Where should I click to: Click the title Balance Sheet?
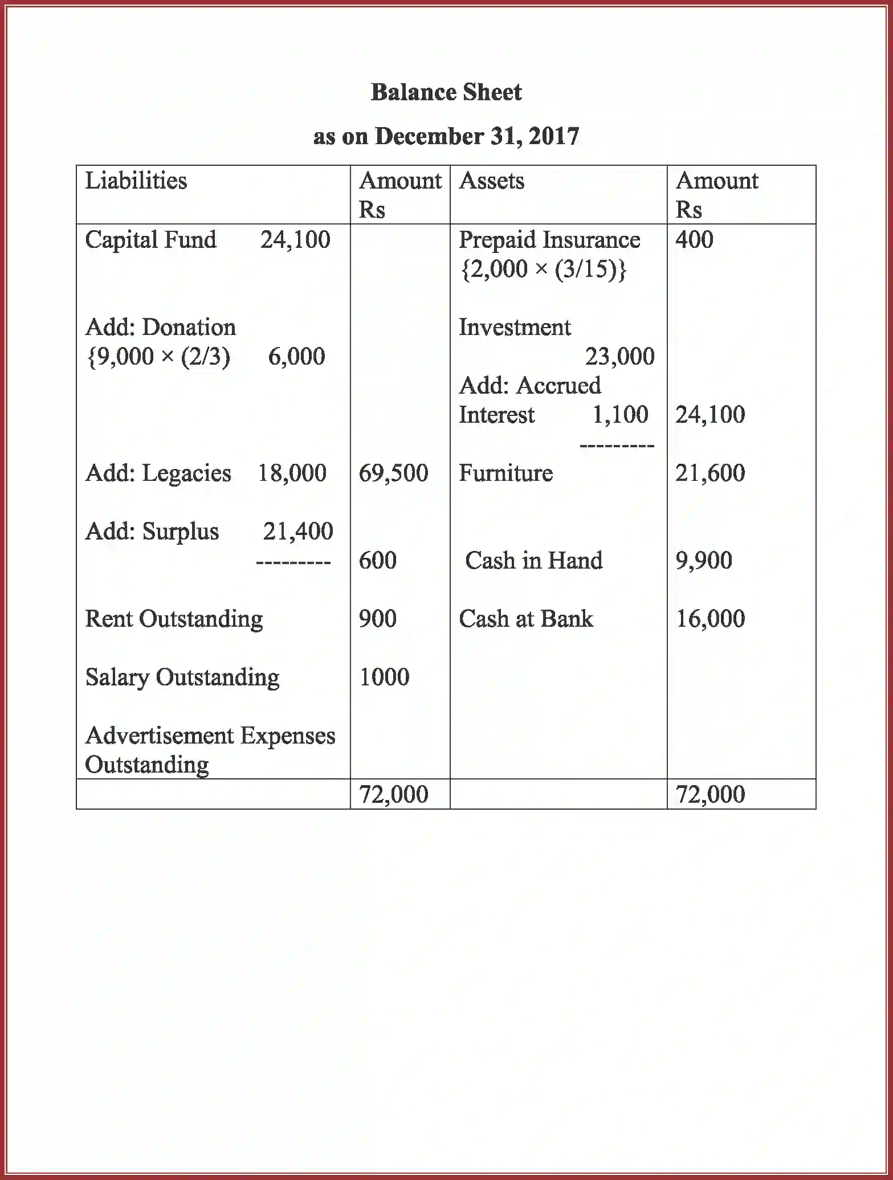(x=446, y=92)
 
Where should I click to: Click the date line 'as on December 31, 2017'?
(x=446, y=136)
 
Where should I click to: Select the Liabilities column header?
(x=136, y=181)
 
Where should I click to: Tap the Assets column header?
(x=491, y=181)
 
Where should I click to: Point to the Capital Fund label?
(x=150, y=240)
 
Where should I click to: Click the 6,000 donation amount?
(x=296, y=357)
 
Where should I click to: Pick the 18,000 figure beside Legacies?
(x=292, y=473)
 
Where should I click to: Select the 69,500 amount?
(x=393, y=473)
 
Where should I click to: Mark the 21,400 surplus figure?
(x=298, y=531)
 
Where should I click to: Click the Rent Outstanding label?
(x=174, y=619)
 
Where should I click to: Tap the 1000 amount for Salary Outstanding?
(x=384, y=677)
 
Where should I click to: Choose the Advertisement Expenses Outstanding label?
(x=210, y=750)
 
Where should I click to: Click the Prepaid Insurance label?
(x=549, y=240)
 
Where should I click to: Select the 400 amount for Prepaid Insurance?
(x=694, y=240)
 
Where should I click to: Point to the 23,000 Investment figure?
(x=619, y=357)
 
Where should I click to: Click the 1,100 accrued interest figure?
(x=620, y=415)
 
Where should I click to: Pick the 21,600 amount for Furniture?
(x=710, y=473)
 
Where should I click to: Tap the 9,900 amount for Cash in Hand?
(x=704, y=561)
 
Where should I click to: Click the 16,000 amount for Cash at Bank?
(x=710, y=619)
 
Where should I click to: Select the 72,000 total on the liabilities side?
(x=393, y=794)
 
